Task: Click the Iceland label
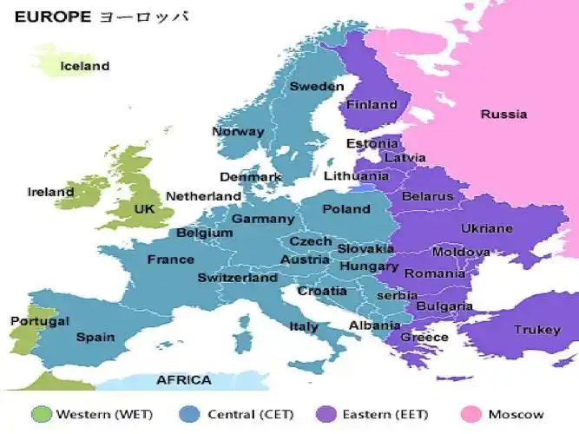84,66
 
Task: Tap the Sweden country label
317,86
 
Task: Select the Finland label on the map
372,105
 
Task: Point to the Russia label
503,114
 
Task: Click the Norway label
238,132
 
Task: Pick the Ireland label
50,192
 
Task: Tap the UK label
144,209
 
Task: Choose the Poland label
346,209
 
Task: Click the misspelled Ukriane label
486,229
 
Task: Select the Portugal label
39,321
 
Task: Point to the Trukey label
536,330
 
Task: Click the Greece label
424,338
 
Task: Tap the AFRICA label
183,380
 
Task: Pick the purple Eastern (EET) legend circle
327,414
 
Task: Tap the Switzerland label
237,278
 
